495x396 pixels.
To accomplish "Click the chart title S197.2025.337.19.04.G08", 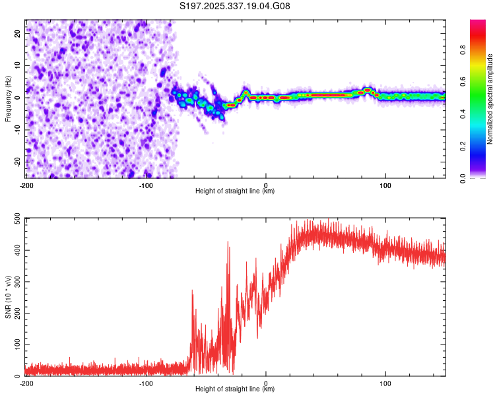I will [x=235, y=6].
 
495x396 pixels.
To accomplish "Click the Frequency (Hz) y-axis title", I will [x=9, y=99].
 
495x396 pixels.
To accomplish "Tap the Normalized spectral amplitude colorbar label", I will [x=490, y=99].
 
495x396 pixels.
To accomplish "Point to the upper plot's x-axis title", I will [x=235, y=191].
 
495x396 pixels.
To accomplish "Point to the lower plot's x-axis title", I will [x=235, y=389].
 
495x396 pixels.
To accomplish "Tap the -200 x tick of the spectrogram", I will [x=26, y=184].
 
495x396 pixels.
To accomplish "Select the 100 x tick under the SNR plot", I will [x=386, y=383].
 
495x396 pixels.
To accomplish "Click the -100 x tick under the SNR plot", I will [x=146, y=383].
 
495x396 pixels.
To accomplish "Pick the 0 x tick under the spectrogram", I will [x=266, y=184].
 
